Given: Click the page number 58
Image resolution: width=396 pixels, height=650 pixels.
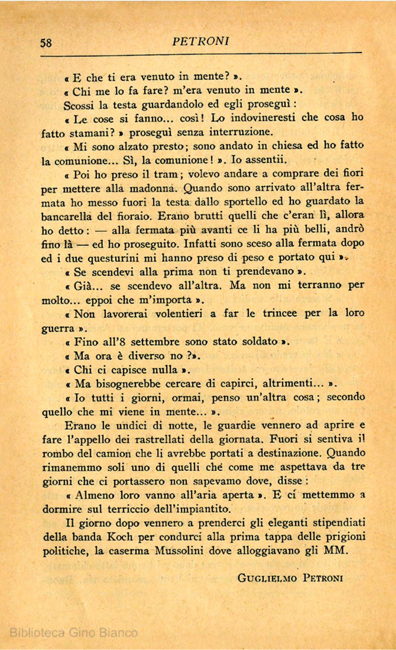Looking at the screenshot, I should coord(46,43).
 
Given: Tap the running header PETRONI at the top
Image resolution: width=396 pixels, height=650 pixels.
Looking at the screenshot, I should coord(201,41).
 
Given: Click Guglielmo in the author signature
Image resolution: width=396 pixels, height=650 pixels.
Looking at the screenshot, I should coord(267,578).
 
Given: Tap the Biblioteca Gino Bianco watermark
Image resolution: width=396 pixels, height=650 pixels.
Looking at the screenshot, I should coord(74,633).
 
